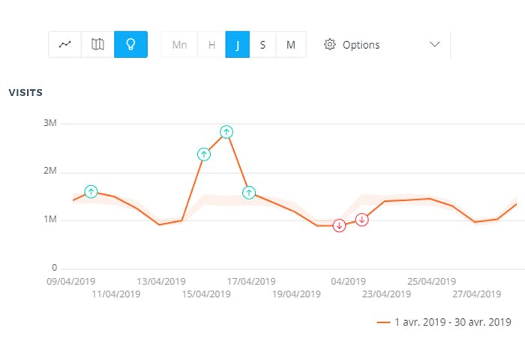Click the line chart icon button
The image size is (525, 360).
coord(65,45)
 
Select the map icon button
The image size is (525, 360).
coord(97,45)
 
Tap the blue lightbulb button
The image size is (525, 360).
coord(130,45)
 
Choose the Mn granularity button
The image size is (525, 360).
coord(179,45)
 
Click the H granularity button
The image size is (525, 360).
coord(211,45)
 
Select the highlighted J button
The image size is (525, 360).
coord(238,45)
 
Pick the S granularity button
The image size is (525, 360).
coord(262,45)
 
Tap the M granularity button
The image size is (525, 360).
coord(290,45)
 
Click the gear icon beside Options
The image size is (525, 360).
coord(329,45)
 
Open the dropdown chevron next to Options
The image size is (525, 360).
coord(434,45)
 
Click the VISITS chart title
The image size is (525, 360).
coord(25,93)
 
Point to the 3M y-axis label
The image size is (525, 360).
coord(49,123)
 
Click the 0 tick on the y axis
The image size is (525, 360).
coord(53,268)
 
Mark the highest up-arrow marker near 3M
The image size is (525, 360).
coord(226,132)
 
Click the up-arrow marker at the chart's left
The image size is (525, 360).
coord(91,192)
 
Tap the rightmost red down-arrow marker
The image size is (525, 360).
coord(362,220)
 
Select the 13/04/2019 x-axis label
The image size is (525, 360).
coord(160,282)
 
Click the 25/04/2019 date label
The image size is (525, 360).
coord(431,282)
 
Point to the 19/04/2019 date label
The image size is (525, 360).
coord(295,294)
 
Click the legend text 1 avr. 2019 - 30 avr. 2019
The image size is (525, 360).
coord(452,322)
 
